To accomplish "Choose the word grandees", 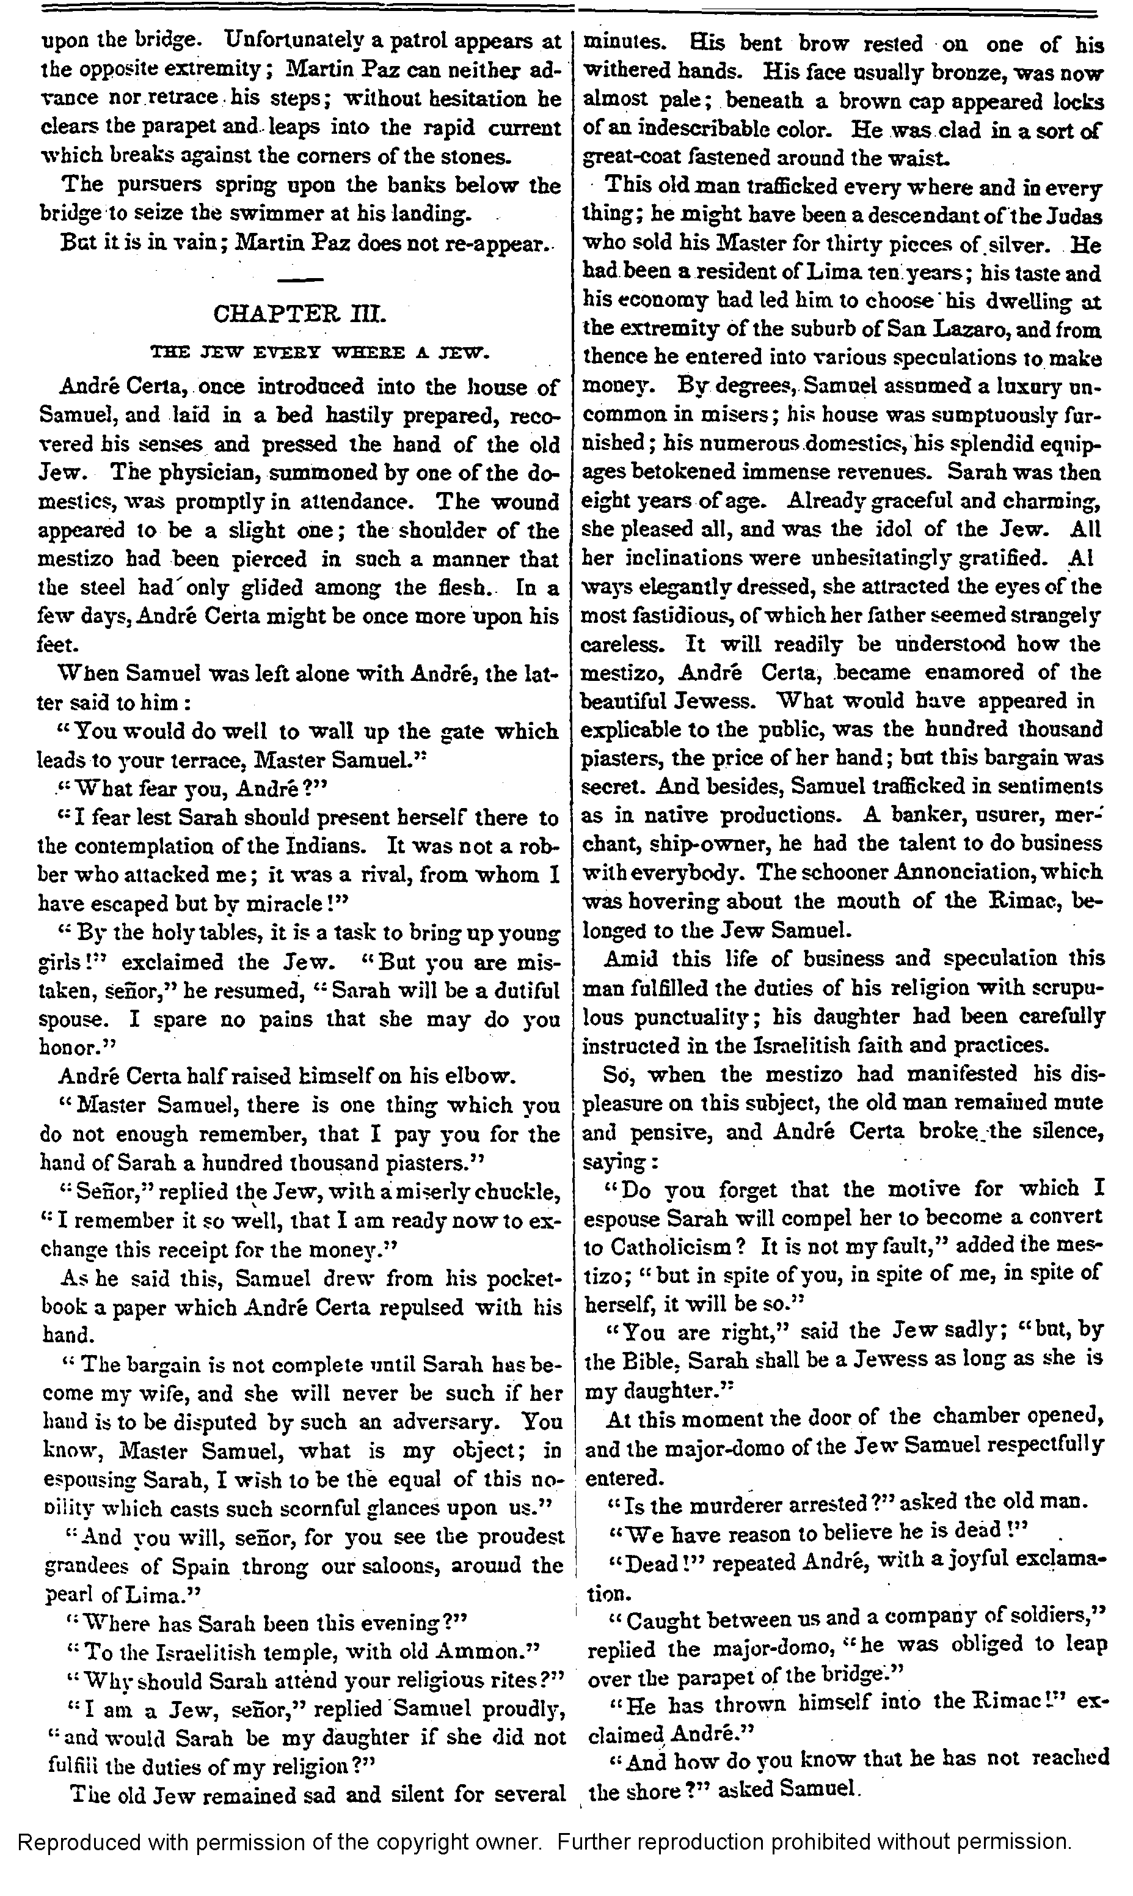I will pyautogui.click(x=86, y=1565).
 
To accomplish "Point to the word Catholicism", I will pyautogui.click(x=671, y=1247).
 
